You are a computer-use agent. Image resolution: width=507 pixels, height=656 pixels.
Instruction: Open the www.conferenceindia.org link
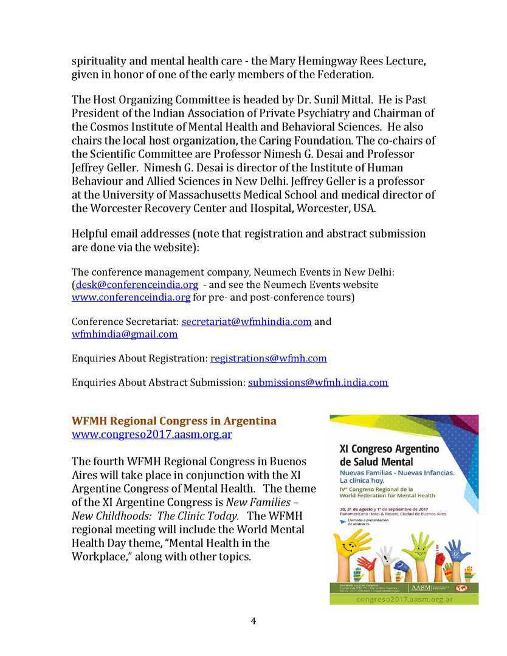131,297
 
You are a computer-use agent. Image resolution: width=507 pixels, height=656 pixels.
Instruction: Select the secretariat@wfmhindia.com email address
246,321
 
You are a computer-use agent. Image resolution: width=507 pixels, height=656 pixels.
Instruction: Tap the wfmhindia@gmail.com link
125,334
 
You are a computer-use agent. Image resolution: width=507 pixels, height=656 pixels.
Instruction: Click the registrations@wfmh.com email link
268,358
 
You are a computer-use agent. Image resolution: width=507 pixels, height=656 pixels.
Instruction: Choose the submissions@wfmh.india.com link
317,383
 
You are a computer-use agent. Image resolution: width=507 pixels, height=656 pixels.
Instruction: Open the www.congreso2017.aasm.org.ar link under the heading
151,435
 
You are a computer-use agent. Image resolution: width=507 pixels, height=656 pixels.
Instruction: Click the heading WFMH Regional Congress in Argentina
174,421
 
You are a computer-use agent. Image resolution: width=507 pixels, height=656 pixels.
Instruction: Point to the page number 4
253,621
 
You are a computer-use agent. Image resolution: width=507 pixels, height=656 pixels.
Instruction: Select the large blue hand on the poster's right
457,550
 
